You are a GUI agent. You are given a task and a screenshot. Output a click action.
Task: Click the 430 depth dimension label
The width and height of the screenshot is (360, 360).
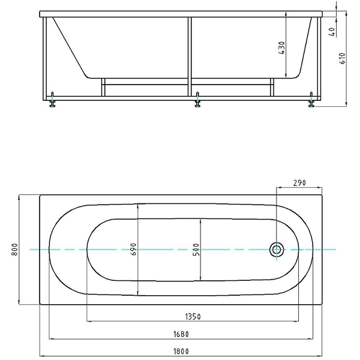click(x=282, y=48)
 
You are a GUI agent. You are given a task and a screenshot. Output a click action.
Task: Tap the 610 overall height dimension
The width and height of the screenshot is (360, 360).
click(x=342, y=58)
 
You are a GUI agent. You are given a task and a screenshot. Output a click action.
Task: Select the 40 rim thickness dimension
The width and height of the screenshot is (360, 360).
click(x=332, y=32)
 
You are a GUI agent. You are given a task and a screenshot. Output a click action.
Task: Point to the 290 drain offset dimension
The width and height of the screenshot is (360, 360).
click(x=299, y=183)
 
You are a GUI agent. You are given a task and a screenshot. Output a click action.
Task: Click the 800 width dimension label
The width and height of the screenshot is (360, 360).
click(x=14, y=250)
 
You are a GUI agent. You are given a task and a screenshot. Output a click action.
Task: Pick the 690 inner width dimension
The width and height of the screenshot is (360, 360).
click(x=134, y=249)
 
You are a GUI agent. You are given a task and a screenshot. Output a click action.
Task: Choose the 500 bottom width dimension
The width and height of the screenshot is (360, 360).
click(x=196, y=250)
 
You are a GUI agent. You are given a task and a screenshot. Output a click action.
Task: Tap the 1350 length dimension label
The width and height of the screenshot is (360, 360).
click(x=193, y=317)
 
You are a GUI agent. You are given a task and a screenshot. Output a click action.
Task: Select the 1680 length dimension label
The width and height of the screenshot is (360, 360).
click(x=181, y=334)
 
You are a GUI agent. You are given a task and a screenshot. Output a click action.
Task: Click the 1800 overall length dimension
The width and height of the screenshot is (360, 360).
click(x=181, y=351)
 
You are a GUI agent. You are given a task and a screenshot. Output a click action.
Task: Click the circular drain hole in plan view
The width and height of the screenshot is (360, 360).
click(x=277, y=250)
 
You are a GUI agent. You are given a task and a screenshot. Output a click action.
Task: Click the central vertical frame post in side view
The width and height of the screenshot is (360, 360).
click(x=190, y=57)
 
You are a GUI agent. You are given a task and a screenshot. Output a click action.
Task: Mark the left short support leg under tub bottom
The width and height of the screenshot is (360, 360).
click(x=103, y=87)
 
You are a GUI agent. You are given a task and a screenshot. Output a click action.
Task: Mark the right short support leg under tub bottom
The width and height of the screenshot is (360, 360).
click(x=272, y=87)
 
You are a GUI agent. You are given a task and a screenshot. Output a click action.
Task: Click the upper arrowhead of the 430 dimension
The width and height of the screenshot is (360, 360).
click(x=286, y=14)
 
